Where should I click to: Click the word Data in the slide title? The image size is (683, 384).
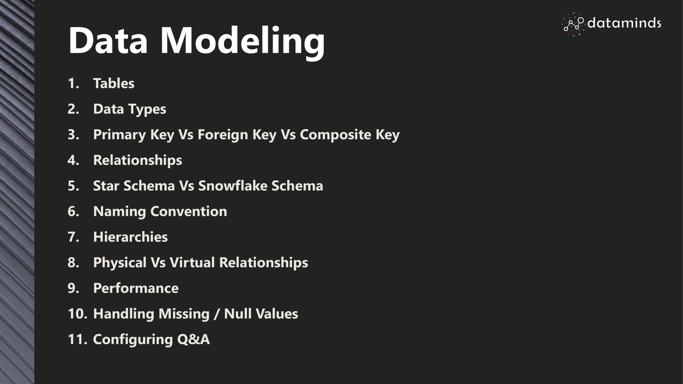tap(108, 40)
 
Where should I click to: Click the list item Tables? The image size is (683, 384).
tap(114, 83)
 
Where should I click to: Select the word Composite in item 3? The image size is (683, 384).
tap(336, 135)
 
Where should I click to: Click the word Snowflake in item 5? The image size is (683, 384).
tap(232, 186)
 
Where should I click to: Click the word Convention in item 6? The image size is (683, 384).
tap(189, 211)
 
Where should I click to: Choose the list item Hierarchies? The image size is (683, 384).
tap(130, 237)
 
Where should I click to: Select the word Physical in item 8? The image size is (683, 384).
tap(120, 263)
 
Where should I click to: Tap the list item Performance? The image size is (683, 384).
tap(136, 288)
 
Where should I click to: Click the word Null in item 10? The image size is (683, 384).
tap(236, 314)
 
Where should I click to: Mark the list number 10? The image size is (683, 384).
tap(77, 314)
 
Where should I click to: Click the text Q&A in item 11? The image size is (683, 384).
tap(193, 339)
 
